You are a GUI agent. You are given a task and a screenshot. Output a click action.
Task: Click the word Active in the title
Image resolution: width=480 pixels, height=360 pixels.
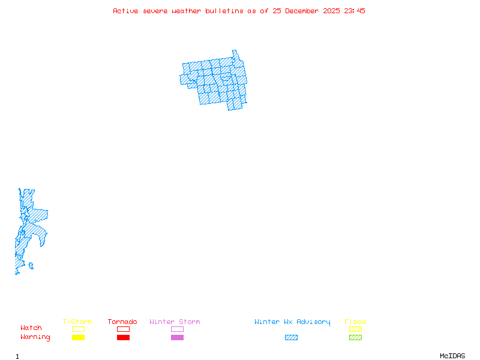tap(125, 11)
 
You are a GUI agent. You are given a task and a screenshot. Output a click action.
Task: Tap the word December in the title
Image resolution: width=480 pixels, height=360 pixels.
tap(303, 11)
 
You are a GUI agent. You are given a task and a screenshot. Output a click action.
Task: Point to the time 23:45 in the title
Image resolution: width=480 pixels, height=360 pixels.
tap(353, 11)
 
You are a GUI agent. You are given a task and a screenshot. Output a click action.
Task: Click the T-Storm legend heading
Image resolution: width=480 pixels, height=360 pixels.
tap(77, 322)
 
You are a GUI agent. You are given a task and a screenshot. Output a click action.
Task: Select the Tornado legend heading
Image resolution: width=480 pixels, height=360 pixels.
tap(122, 322)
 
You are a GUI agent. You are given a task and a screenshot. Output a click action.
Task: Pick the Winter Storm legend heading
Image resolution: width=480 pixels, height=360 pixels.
tap(175, 322)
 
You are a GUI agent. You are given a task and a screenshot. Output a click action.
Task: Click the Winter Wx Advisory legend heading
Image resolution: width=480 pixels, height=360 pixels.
tap(292, 322)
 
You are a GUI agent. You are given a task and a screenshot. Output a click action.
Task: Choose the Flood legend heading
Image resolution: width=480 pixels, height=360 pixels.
tap(355, 322)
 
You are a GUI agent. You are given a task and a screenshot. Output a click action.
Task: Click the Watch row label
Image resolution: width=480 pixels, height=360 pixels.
tap(31, 328)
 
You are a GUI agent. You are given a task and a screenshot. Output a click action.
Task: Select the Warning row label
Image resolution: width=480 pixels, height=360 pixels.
tap(35, 337)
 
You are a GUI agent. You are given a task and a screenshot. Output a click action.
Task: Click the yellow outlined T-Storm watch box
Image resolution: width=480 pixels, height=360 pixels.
tap(78, 329)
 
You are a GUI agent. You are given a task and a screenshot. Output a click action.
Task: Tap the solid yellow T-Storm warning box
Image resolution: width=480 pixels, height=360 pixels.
tap(78, 337)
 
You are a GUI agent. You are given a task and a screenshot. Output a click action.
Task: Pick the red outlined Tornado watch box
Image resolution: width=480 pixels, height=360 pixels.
tap(123, 329)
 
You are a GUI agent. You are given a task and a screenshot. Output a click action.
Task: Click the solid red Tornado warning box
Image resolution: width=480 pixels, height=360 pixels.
tap(123, 337)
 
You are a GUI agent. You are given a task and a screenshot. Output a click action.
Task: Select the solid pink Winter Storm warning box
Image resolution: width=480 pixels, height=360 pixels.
tap(177, 337)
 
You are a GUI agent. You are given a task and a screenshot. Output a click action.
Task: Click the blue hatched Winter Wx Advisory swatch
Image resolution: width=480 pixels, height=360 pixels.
tap(291, 337)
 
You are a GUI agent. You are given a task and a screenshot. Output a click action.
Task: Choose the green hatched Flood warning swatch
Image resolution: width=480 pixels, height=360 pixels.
tap(355, 337)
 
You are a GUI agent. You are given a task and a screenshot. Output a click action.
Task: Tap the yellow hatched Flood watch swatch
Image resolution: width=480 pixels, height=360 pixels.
tap(355, 329)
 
